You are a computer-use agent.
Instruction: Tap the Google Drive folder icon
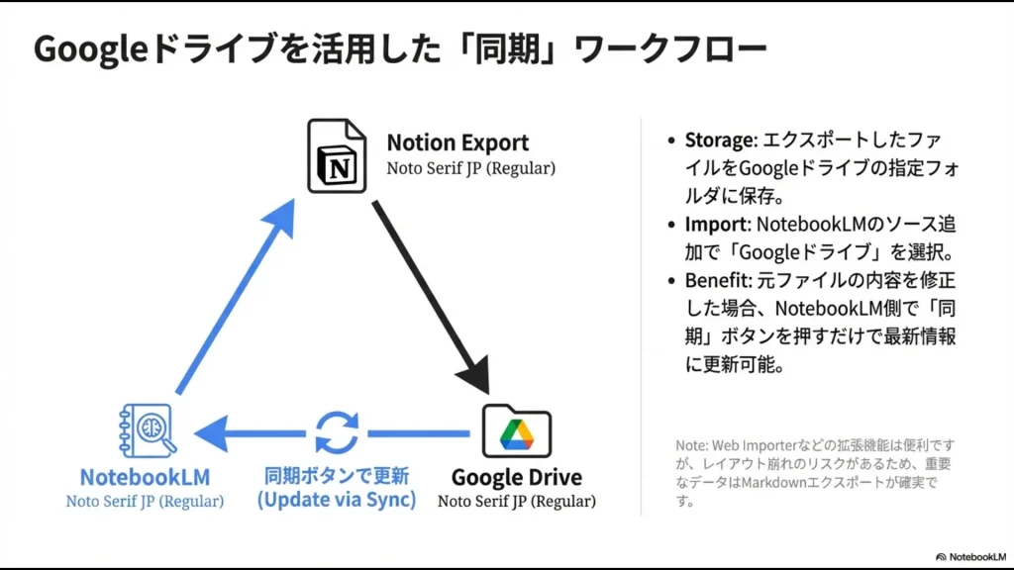click(516, 431)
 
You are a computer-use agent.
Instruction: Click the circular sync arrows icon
click(337, 432)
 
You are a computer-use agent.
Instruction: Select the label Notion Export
click(457, 142)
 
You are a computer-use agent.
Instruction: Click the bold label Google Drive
click(516, 477)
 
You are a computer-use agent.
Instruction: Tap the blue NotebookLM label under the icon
click(145, 477)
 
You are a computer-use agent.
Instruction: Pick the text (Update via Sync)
click(337, 500)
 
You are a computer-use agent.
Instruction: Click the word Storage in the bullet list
click(717, 141)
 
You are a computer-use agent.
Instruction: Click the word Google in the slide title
click(89, 49)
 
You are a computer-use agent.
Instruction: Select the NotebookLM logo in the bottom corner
click(969, 556)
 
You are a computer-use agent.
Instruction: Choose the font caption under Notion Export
click(470, 168)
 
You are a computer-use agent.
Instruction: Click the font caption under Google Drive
click(516, 502)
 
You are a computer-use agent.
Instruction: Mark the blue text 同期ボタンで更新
click(337, 475)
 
